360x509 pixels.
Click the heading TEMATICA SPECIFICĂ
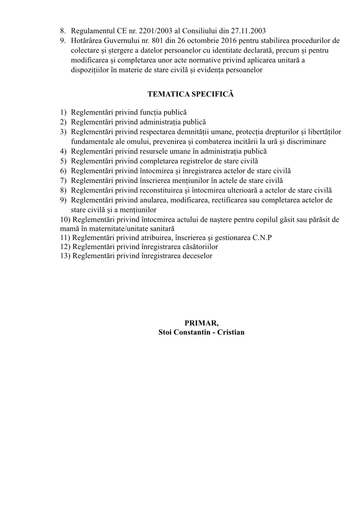click(191, 94)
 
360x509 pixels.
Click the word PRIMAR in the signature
click(201, 323)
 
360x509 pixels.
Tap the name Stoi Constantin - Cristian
click(201, 332)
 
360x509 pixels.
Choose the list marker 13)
click(65, 256)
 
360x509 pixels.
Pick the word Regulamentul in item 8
click(93, 31)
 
